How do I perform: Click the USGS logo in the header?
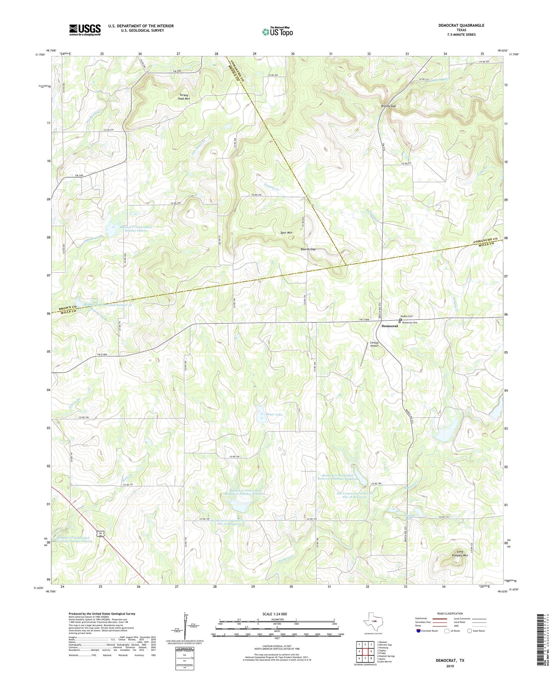point(85,30)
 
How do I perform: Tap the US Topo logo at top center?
point(277,32)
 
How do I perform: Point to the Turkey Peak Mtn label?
point(183,97)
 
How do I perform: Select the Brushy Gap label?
point(388,106)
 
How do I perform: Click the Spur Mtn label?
point(286,233)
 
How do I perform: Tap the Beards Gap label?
point(308,249)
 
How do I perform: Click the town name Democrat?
point(389,326)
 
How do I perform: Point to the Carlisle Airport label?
point(374,344)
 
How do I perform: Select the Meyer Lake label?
point(274,414)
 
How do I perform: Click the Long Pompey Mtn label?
point(460,554)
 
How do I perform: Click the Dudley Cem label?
point(406,316)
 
